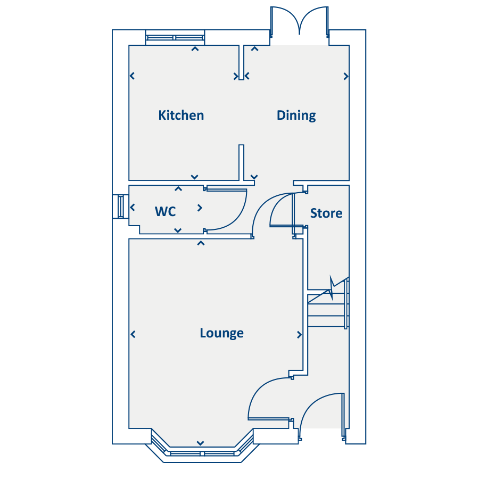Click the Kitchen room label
point(181,115)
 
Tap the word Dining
point(296,115)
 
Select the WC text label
point(165,211)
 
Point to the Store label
point(326,213)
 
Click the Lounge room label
point(221,333)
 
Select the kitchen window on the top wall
point(175,37)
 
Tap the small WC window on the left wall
point(120,207)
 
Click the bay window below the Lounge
point(201,453)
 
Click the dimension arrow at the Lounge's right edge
point(299,335)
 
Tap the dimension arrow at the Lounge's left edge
point(133,334)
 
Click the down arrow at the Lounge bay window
point(201,443)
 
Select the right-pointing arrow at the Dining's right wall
point(346,76)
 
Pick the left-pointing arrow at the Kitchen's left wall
point(132,76)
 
